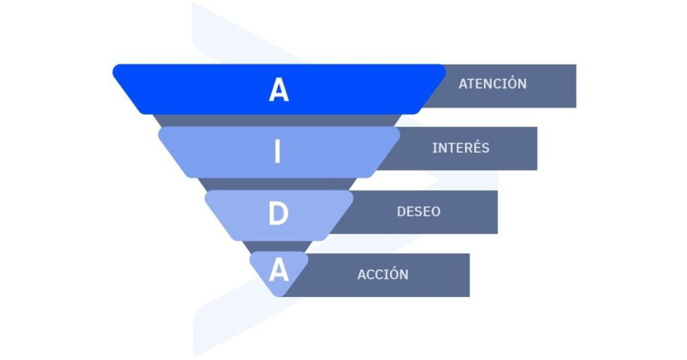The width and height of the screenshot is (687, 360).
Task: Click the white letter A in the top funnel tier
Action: [x=279, y=90]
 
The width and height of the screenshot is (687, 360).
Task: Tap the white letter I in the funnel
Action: [x=277, y=152]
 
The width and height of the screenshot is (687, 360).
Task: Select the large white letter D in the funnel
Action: [x=278, y=214]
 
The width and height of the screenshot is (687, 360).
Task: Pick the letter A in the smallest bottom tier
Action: [x=279, y=270]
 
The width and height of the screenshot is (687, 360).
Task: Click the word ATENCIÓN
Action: [x=492, y=84]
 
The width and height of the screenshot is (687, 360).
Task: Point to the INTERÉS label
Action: [x=461, y=148]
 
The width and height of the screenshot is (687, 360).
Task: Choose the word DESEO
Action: [x=419, y=211]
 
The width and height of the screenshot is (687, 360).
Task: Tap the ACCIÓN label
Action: [x=383, y=275]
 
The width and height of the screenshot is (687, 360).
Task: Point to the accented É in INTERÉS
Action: [x=476, y=147]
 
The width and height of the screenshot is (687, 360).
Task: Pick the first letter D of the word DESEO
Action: [x=401, y=212]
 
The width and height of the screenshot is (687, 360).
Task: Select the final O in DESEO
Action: [x=436, y=212]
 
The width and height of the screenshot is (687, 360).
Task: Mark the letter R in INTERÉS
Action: [x=467, y=148]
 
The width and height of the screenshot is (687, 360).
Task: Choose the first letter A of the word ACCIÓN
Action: [x=362, y=275]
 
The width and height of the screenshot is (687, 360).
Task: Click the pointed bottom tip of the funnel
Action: [x=280, y=295]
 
